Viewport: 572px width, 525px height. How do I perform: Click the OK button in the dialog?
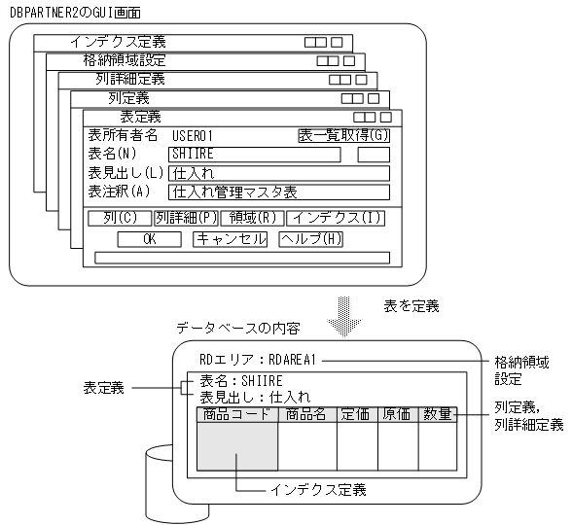tap(149, 238)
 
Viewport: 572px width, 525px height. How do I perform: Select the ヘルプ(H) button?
tap(311, 238)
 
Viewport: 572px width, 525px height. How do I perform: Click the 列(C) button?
tap(120, 218)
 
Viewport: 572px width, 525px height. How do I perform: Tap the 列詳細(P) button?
tap(186, 218)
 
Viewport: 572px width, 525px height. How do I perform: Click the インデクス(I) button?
tap(337, 218)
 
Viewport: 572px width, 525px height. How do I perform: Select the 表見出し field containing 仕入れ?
tap(278, 173)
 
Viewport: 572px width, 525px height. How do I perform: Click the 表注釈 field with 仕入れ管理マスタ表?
tap(278, 192)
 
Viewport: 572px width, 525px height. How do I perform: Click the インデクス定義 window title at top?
tap(118, 42)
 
